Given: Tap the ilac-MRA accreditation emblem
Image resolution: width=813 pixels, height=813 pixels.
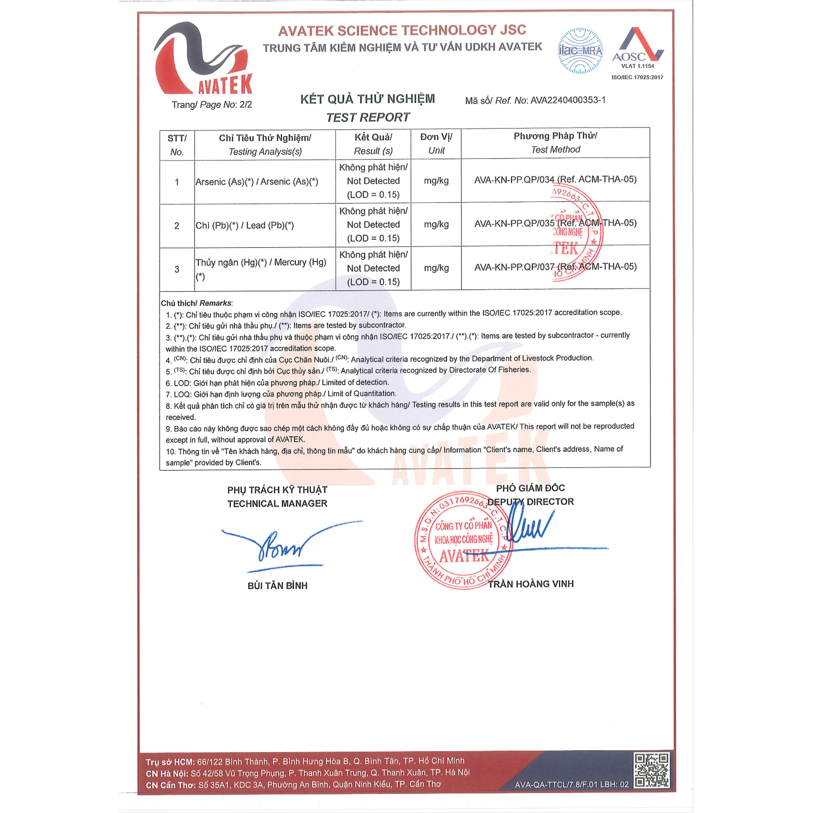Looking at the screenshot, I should [580, 51].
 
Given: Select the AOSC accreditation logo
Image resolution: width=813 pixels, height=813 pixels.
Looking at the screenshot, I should [637, 48].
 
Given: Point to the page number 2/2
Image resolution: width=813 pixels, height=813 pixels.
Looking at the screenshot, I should [246, 105].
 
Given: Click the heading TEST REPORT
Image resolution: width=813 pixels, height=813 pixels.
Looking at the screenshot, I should [368, 117].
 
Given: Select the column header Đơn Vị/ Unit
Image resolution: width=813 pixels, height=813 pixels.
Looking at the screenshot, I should [436, 143].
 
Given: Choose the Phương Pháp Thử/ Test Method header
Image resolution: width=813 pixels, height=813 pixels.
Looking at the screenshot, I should [555, 143].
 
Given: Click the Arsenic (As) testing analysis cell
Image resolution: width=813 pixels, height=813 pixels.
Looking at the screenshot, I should [257, 182].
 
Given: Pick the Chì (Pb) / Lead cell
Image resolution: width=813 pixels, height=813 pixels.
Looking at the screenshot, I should [244, 226].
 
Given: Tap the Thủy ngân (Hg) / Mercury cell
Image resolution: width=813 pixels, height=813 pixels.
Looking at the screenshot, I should [261, 269].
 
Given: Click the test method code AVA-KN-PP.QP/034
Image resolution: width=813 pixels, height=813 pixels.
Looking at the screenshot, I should [514, 180].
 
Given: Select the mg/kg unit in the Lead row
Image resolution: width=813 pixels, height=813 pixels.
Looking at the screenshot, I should [436, 224].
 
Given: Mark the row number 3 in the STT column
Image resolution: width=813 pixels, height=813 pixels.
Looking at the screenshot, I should [177, 270].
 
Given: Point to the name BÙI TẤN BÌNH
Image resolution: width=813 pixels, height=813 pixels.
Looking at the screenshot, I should [277, 586].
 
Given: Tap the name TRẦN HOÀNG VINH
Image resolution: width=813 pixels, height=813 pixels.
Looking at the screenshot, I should [530, 584].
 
